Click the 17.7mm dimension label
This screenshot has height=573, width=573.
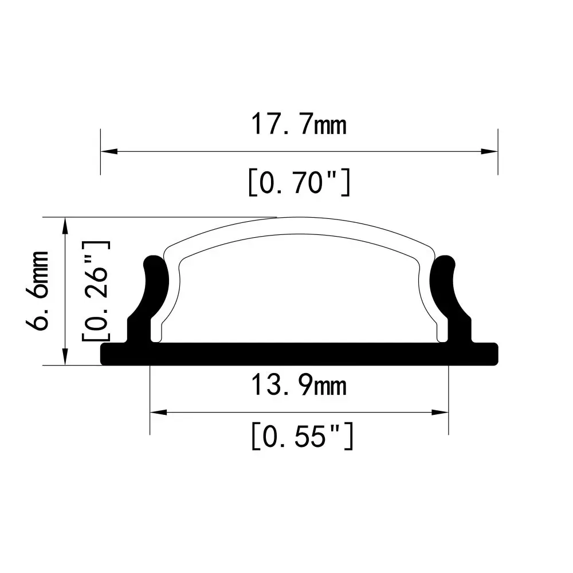(x=299, y=124)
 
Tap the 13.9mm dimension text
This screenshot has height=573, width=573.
(x=299, y=386)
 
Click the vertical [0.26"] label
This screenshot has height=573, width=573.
(x=96, y=291)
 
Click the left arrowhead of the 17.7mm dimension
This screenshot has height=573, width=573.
(x=109, y=152)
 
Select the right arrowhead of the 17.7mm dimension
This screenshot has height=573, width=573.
(x=489, y=152)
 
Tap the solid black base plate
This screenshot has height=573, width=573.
(x=299, y=354)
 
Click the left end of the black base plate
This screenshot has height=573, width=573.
(x=105, y=354)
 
